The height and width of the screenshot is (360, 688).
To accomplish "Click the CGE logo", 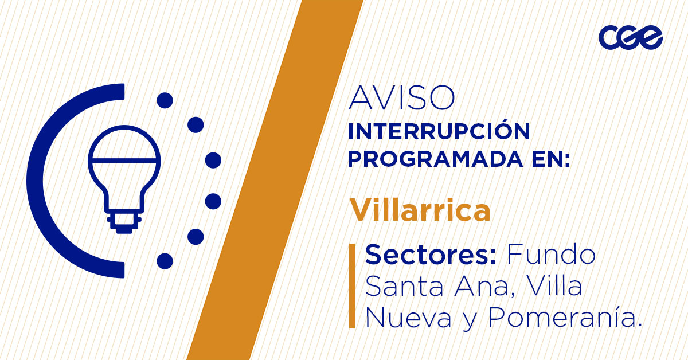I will point(631,38).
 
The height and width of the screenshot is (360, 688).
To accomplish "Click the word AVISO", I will point(402,99).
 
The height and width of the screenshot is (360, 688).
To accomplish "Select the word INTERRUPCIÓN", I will point(439,132).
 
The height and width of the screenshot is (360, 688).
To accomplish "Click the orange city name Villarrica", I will point(420,210).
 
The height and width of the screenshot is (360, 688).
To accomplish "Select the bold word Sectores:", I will point(431,255).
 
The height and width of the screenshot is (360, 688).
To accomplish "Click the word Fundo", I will point(551,255).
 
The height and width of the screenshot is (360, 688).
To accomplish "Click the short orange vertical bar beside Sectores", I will point(352,286).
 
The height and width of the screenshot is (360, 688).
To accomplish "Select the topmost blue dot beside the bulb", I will point(165,101).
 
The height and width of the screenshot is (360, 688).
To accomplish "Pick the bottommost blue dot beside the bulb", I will point(165,261).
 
